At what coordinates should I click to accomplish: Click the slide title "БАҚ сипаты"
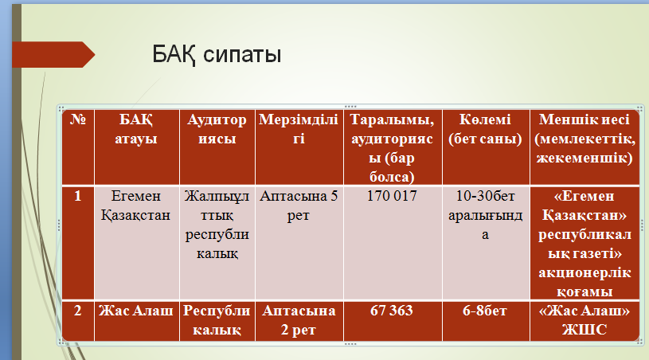(x=217, y=54)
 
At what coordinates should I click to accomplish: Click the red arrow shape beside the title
(x=53, y=54)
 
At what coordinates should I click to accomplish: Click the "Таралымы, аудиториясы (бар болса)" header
(x=392, y=147)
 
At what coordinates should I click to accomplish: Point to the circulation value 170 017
(x=392, y=196)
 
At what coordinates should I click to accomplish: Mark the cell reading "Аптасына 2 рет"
(x=299, y=320)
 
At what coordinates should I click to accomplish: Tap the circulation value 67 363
(x=392, y=311)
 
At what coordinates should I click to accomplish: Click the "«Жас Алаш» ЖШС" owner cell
(x=584, y=320)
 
